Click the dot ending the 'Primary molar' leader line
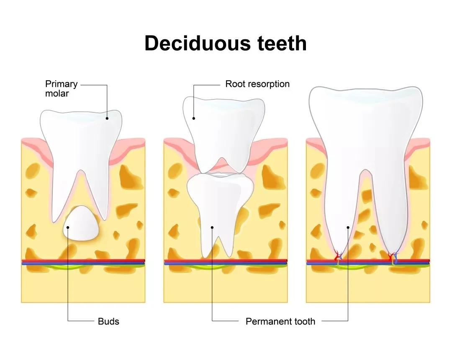tap(107, 118)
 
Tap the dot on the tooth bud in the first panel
tap(68, 227)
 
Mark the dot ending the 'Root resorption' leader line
tap(194, 118)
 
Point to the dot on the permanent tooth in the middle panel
tap(212, 227)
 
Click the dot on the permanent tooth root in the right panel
tap(348, 227)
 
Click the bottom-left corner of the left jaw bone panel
tap(21, 302)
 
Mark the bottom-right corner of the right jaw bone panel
tap(430, 302)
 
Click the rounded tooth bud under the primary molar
tap(81, 223)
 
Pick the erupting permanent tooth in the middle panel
tap(220, 214)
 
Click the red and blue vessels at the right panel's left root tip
tap(338, 256)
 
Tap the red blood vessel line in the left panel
tap(83, 260)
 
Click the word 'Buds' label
tap(108, 321)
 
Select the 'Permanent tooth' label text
tap(280, 322)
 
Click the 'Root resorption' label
tap(257, 84)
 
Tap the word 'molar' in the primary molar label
tap(57, 93)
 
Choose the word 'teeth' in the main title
tap(282, 43)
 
